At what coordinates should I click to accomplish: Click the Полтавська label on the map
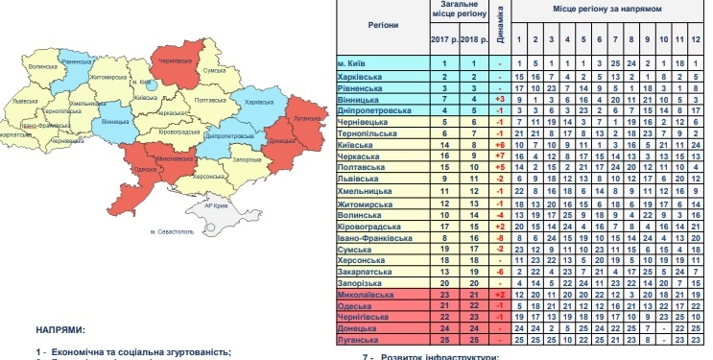[x=209, y=100]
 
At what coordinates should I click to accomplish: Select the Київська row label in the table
[x=357, y=143]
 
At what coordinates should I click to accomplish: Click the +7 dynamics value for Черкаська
[x=500, y=155]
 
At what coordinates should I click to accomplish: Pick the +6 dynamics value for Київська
[x=500, y=143]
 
